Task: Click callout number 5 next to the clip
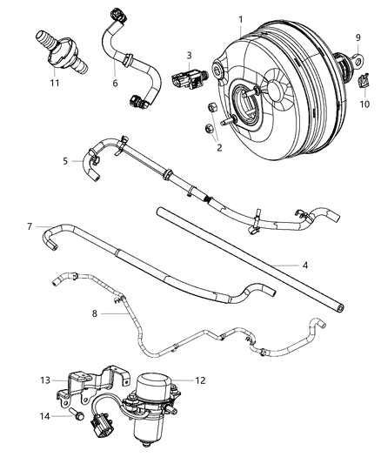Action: click(65, 160)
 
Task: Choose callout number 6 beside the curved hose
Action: click(114, 83)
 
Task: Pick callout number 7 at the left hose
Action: click(30, 227)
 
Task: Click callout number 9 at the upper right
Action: click(358, 37)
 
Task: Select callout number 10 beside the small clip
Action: click(364, 105)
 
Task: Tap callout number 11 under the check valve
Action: click(55, 84)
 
